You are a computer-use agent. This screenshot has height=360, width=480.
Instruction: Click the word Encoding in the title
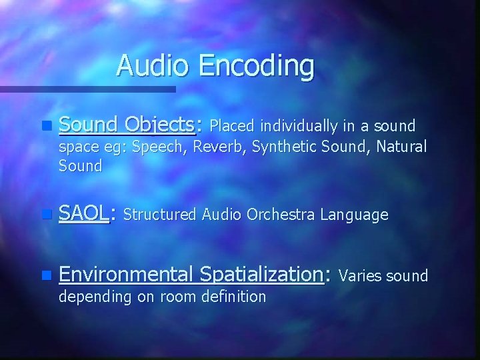261,67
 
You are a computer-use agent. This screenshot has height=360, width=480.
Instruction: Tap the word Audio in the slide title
152,66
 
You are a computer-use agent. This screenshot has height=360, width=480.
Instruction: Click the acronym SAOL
83,214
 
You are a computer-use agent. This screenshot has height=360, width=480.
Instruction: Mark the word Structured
161,215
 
